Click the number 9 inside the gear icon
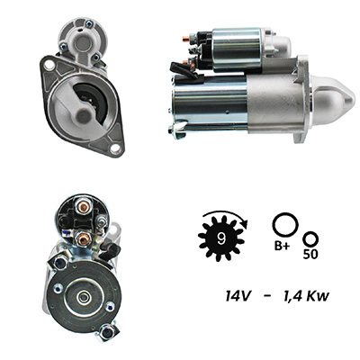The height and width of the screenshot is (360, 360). pos(221,238)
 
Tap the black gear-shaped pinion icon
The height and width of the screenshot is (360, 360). pos(221,238)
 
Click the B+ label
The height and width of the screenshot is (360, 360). pos(283,247)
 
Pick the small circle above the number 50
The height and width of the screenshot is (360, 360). pos(310,239)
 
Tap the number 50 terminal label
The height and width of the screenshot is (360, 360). pos(310,255)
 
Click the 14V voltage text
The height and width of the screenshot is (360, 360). pos(238,297)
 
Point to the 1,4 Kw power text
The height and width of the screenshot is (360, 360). pos(306,297)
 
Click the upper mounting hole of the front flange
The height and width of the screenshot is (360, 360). pos(49,65)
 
